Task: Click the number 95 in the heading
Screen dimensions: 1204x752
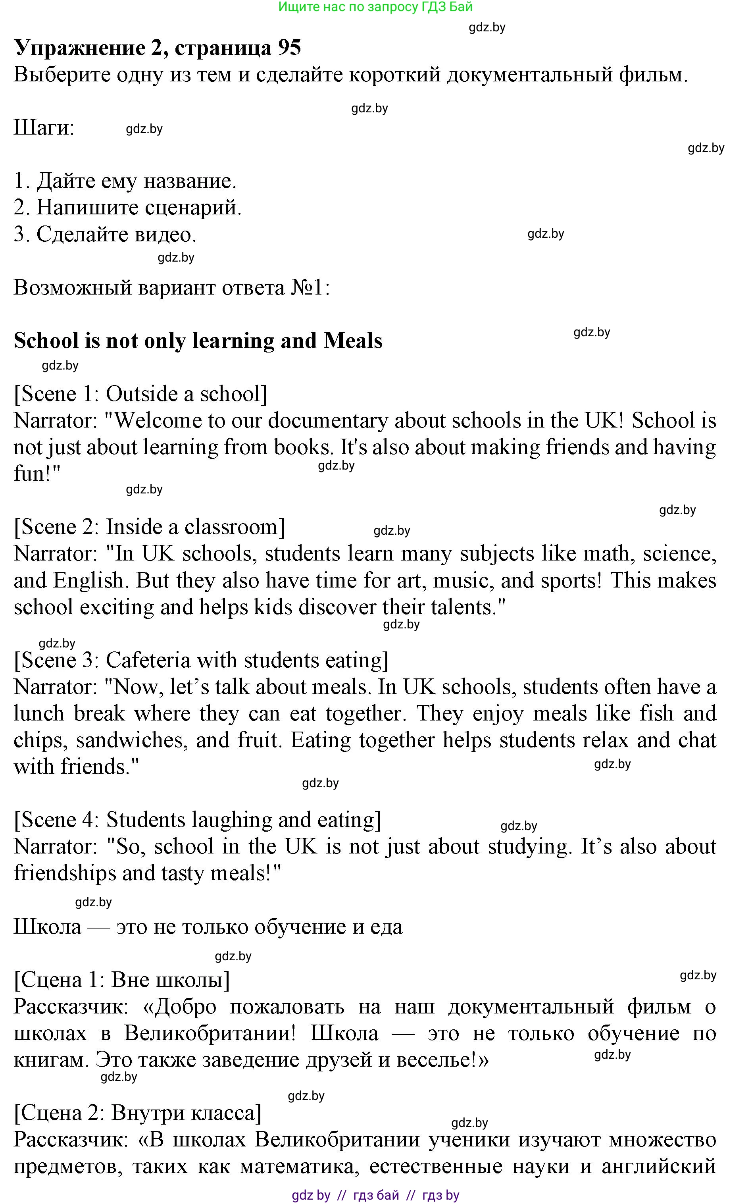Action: coord(289,48)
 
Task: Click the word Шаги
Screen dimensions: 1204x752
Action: coord(44,128)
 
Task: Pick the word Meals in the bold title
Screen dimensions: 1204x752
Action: coord(353,341)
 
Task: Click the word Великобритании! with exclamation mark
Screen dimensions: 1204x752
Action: coord(210,1033)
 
